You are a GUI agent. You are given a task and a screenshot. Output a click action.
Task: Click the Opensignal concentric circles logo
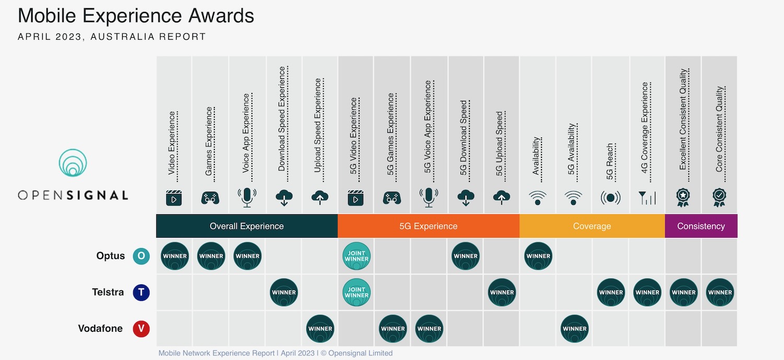[x=73, y=162]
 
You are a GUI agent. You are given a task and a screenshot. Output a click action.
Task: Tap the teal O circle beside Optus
[x=141, y=256]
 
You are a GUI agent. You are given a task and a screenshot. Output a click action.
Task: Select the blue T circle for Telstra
[x=141, y=293]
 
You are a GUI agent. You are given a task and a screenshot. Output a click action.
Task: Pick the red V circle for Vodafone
[x=141, y=329]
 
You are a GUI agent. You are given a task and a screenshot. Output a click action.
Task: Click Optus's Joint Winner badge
[x=356, y=256]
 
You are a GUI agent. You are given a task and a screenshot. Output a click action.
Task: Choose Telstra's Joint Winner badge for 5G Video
[x=356, y=293]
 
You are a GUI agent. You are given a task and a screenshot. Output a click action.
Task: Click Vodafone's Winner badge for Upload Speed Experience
[x=320, y=329]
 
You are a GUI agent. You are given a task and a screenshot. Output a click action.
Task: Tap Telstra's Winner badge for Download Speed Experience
[x=284, y=293]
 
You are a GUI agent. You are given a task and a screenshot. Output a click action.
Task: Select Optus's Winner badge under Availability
[x=538, y=256]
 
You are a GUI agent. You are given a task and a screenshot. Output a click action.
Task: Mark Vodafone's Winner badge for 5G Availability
[x=575, y=329]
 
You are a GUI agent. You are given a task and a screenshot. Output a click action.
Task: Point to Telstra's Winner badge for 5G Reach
[x=611, y=293]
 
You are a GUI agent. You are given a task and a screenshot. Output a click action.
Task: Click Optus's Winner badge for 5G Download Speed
[x=466, y=256]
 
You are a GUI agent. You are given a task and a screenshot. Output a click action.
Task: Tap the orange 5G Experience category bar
[x=428, y=226]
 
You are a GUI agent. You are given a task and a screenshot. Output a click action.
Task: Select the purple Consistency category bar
[x=701, y=226]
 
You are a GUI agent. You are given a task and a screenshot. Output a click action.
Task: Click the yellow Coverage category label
[x=592, y=226]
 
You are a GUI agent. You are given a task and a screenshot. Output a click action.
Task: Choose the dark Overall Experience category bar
[x=247, y=226]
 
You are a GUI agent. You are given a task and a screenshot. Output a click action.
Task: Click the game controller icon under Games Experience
[x=210, y=198]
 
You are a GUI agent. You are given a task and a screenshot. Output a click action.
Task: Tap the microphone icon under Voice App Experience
[x=247, y=197]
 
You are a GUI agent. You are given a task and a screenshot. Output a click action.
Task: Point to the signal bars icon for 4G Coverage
[x=647, y=198]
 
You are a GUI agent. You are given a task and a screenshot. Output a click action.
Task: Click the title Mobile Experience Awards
[x=136, y=16]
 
